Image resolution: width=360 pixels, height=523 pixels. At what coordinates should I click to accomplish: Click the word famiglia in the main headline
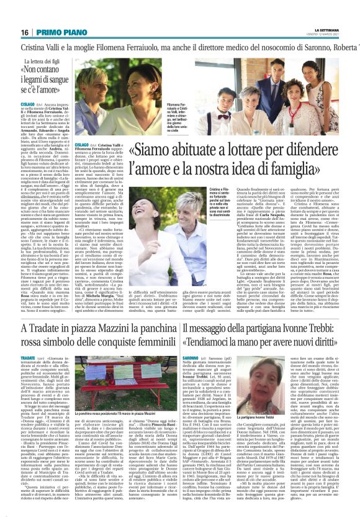click(303, 168)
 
